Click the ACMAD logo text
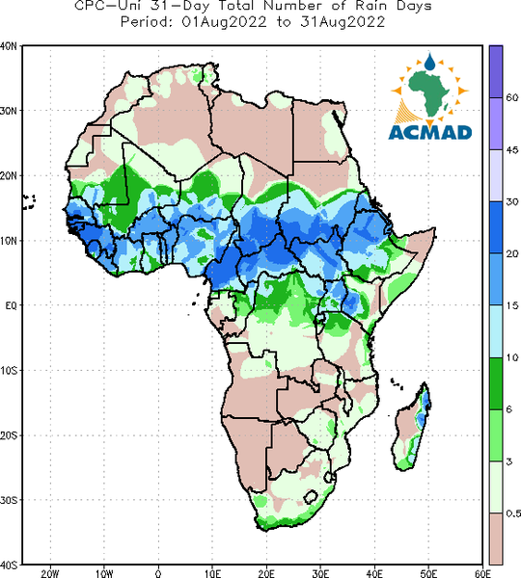430,132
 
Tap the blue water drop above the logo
429,62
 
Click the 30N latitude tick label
9,111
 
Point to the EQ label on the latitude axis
11,305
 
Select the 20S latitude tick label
9,435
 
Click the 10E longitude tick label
212,573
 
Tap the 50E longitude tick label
428,573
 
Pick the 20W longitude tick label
50,573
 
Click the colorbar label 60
512,97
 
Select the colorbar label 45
512,149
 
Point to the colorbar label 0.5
513,513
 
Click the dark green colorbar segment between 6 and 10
496,383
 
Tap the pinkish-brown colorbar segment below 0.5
496,539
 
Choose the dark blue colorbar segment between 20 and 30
496,227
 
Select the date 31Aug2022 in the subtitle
343,22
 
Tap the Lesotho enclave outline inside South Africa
311,497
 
